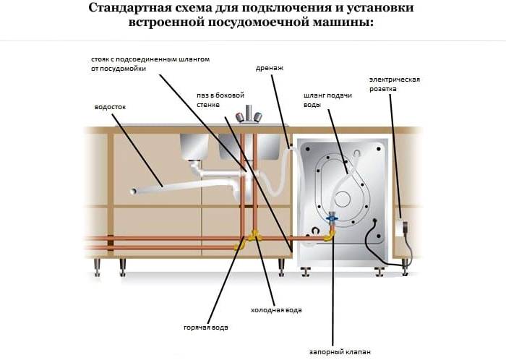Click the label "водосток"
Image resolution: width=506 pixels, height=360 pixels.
110,107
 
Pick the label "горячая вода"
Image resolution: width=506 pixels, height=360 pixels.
206,327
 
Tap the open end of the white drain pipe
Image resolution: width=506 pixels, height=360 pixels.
133,192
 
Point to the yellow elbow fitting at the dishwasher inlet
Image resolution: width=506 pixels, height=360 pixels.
328,234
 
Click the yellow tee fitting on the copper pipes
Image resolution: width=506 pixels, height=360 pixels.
253,236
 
